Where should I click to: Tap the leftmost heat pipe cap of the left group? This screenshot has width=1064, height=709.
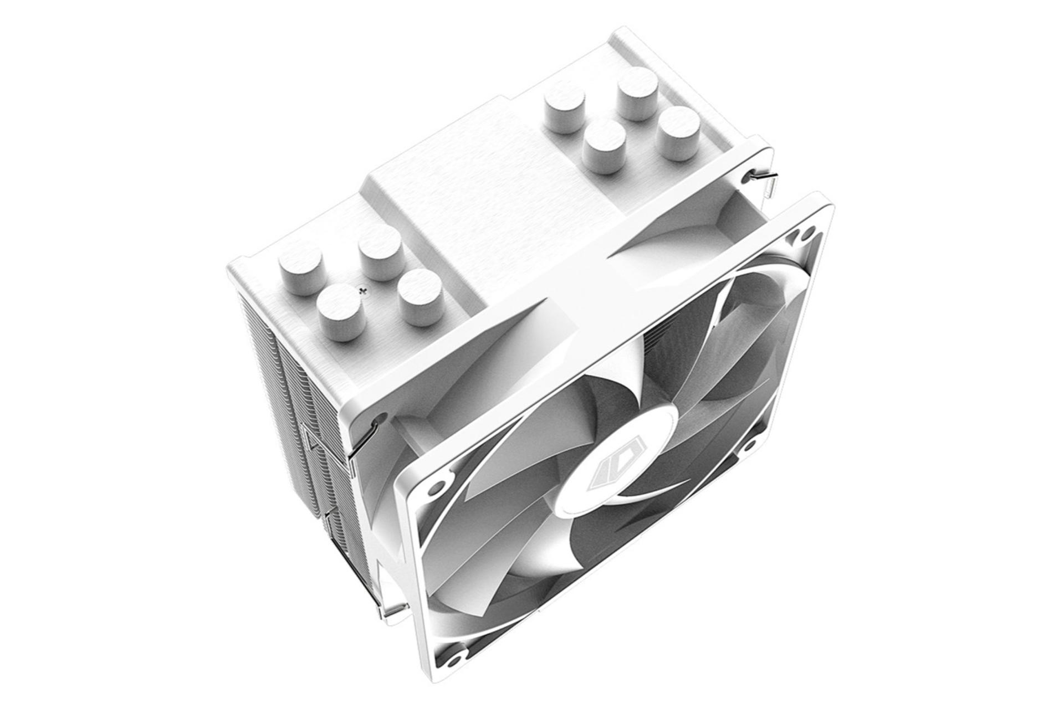click(x=300, y=264)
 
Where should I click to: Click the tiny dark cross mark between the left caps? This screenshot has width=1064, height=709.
click(x=364, y=290)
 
